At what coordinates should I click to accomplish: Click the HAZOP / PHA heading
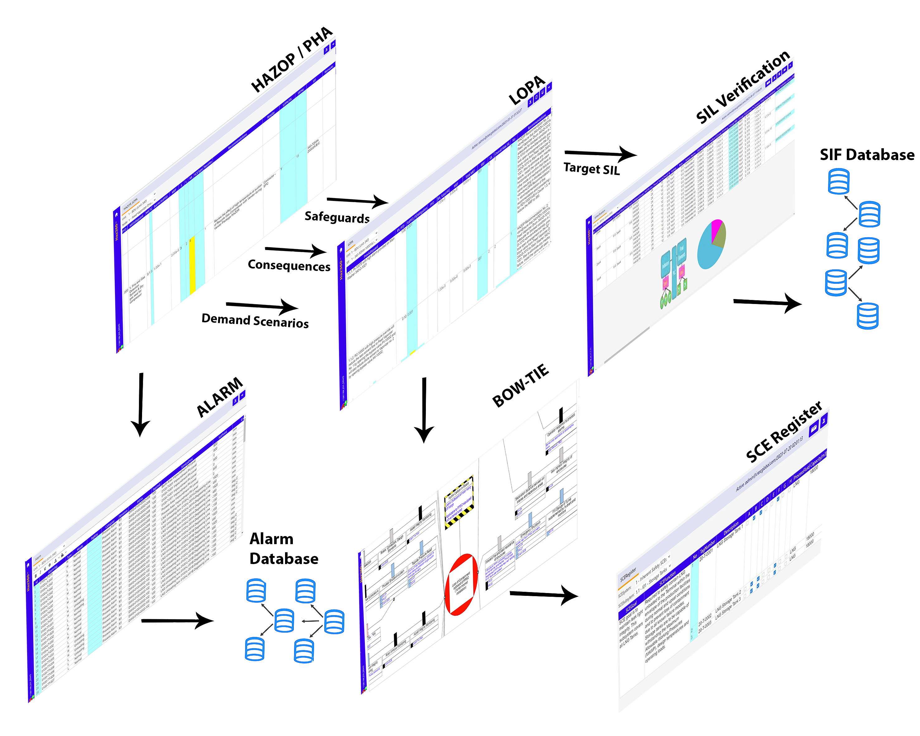coord(291,60)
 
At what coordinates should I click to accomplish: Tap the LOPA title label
coord(527,90)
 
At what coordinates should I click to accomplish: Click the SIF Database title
coord(867,154)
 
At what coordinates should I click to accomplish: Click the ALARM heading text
coord(219,397)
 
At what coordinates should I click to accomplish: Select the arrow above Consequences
coord(295,250)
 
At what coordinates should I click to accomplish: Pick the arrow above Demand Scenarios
coord(262,306)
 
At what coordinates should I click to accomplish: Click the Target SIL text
coord(591,169)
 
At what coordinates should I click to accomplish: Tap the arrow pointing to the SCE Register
coord(544,594)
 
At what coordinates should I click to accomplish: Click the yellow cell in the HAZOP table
coord(192,264)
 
